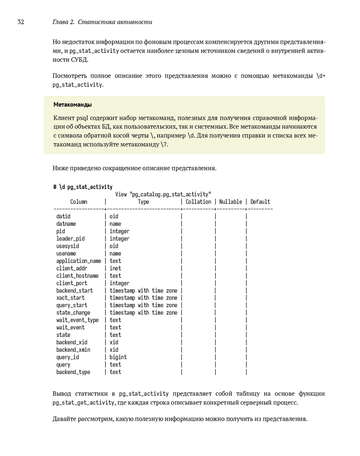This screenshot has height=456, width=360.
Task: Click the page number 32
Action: click(x=21, y=22)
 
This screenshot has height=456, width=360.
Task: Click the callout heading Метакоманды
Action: click(x=72, y=105)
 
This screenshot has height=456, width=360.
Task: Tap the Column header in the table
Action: click(x=78, y=202)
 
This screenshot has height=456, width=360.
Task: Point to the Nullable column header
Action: click(x=230, y=202)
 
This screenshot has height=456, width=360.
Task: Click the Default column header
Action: click(x=260, y=202)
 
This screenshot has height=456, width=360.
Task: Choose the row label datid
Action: click(x=63, y=216)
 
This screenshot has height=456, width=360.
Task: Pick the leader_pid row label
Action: click(x=71, y=239)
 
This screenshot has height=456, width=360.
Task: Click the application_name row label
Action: click(x=79, y=261)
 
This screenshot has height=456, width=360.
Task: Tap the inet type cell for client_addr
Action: click(x=115, y=268)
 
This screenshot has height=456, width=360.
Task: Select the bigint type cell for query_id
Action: click(x=118, y=357)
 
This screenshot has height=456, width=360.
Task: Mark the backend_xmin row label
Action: click(x=73, y=350)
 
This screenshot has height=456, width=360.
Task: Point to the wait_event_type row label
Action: click(x=77, y=320)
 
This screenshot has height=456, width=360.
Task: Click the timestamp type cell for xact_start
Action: click(x=143, y=298)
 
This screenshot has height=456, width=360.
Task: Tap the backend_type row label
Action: click(x=73, y=372)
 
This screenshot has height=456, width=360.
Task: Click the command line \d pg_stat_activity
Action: click(x=83, y=187)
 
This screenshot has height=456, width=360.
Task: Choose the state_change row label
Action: click(x=73, y=313)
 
